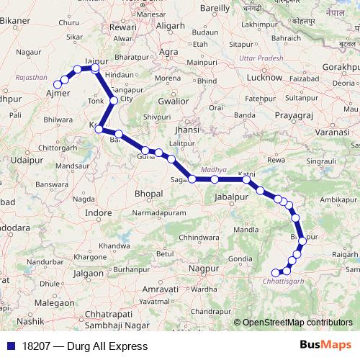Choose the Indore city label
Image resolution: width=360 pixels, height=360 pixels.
click(x=99, y=214)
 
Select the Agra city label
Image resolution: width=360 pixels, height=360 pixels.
click(x=169, y=53)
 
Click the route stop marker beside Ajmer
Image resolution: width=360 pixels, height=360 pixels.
click(x=58, y=85)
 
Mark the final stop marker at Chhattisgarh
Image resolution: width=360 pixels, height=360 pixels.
click(x=275, y=272)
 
